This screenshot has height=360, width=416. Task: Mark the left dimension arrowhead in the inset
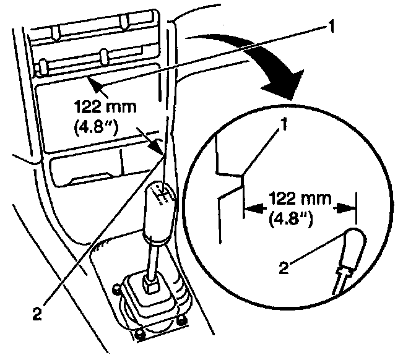tap(250, 209)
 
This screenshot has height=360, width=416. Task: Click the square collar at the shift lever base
tap(151, 285)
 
